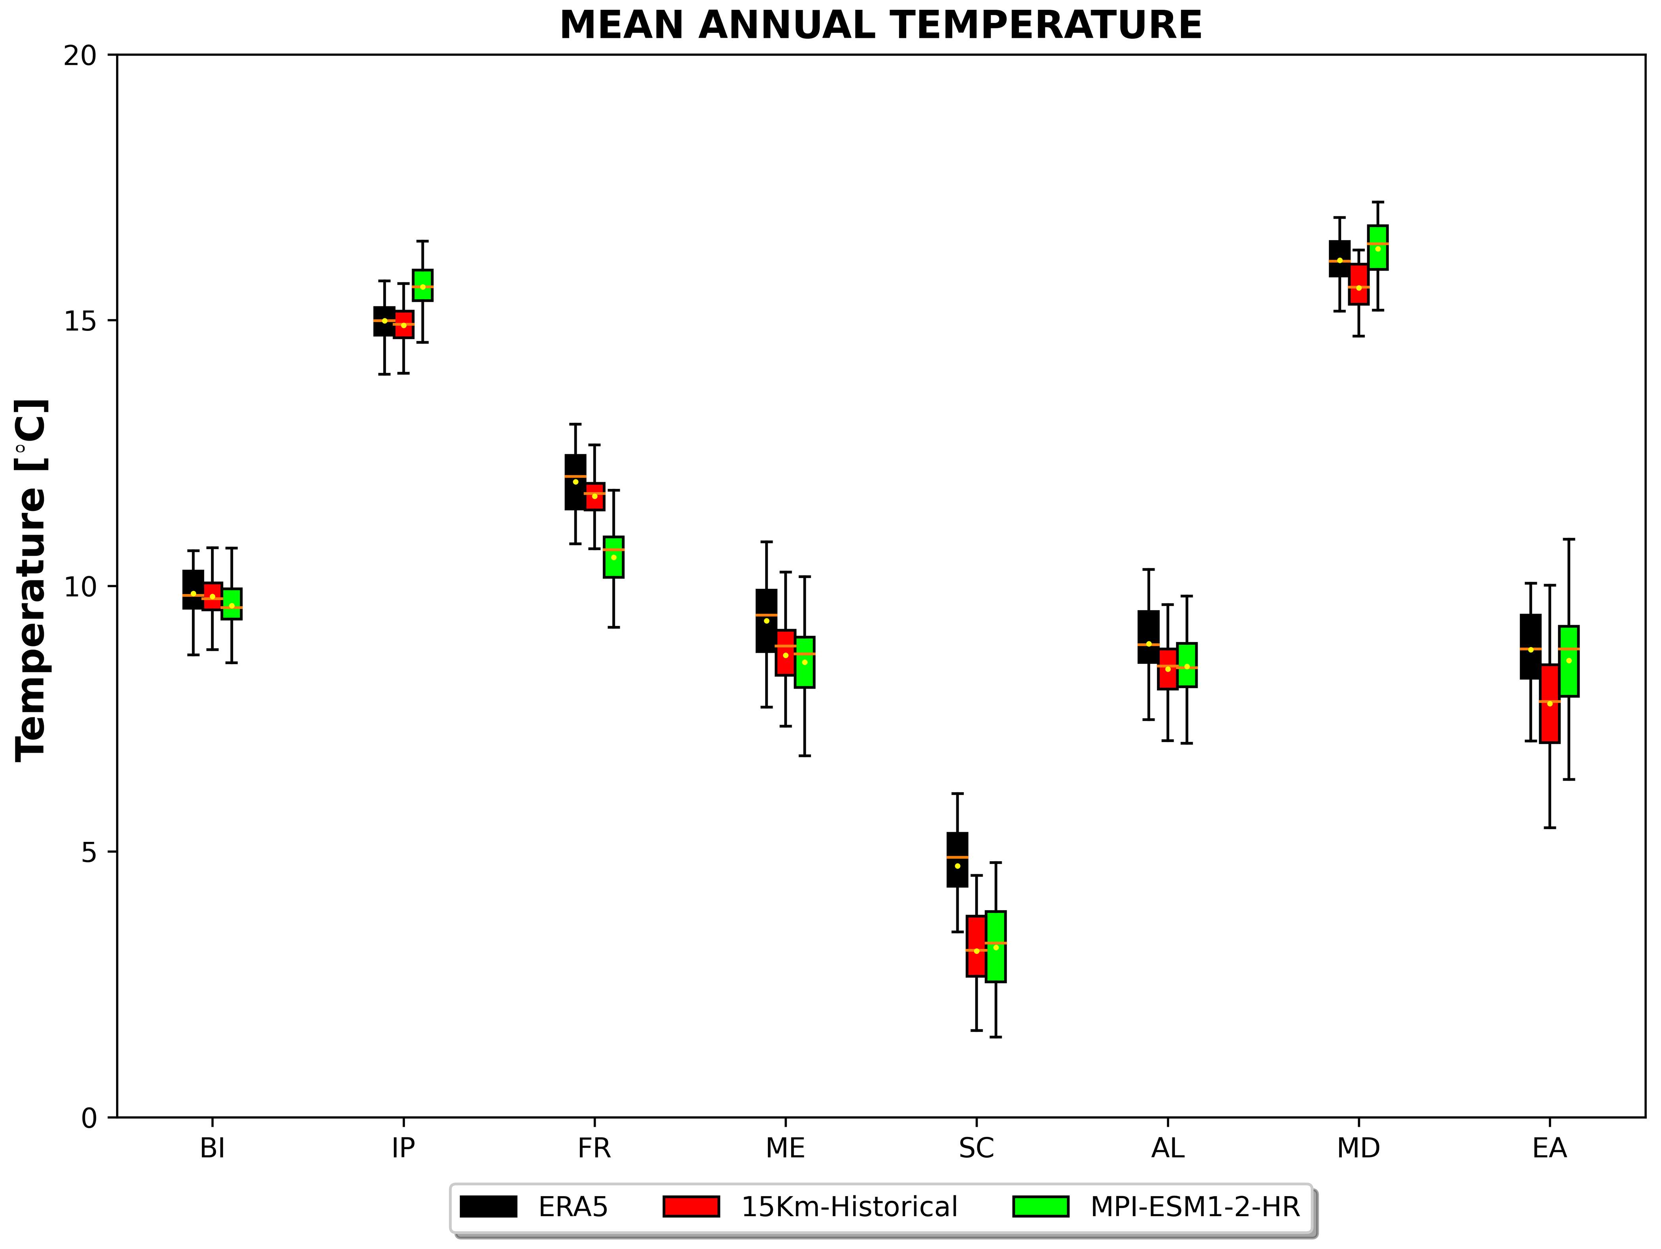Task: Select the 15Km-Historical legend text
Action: (849, 1207)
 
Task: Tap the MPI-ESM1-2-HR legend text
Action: (1194, 1207)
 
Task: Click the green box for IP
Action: (423, 285)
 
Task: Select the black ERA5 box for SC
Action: (957, 859)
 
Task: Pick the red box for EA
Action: (1550, 703)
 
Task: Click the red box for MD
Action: (1358, 284)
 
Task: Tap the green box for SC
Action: (996, 947)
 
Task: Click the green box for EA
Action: (1569, 661)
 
